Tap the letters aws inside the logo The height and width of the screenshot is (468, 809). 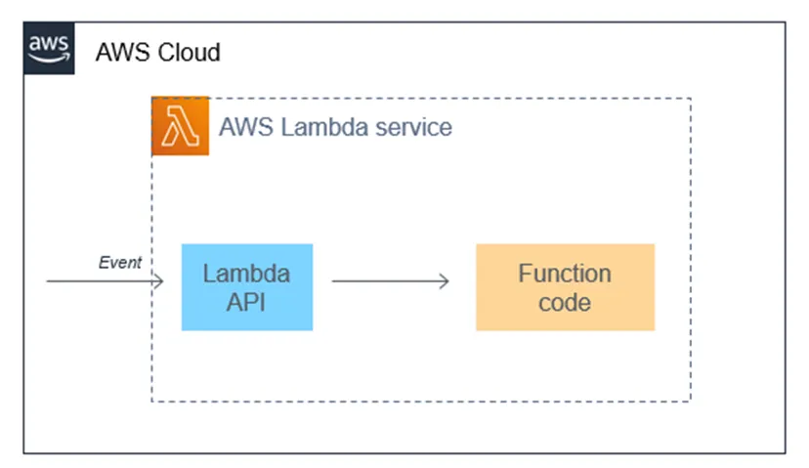pyautogui.click(x=49, y=44)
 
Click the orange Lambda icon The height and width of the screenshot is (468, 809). pyautogui.click(x=180, y=126)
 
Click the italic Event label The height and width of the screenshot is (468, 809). pyautogui.click(x=119, y=262)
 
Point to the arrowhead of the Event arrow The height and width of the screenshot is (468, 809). pyautogui.click(x=158, y=281)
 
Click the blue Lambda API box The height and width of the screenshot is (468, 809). pyautogui.click(x=246, y=287)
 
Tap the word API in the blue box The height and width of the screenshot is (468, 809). pyautogui.click(x=246, y=302)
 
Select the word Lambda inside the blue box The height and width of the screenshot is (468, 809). pyautogui.click(x=246, y=274)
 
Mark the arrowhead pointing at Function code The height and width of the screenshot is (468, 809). pyautogui.click(x=445, y=281)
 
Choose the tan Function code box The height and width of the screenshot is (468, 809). pyautogui.click(x=565, y=287)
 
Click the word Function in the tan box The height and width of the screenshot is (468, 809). pyautogui.click(x=565, y=274)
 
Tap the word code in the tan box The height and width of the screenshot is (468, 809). pyautogui.click(x=565, y=302)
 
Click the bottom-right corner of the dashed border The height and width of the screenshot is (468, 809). pyautogui.click(x=691, y=401)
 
